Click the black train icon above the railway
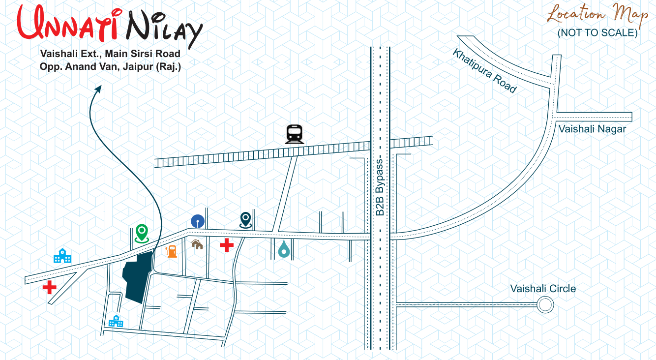[294, 134]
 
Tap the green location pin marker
[142, 233]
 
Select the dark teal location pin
[246, 220]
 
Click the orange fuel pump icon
[172, 251]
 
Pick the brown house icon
[197, 243]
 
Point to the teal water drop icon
[284, 249]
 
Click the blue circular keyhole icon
[198, 220]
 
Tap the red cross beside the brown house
[227, 244]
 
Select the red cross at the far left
[49, 287]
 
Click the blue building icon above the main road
[62, 256]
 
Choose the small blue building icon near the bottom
[116, 321]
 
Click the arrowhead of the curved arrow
[98, 88]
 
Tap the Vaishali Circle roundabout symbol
[544, 305]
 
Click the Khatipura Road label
[485, 71]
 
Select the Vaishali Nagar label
[592, 129]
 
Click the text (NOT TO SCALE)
[597, 33]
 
